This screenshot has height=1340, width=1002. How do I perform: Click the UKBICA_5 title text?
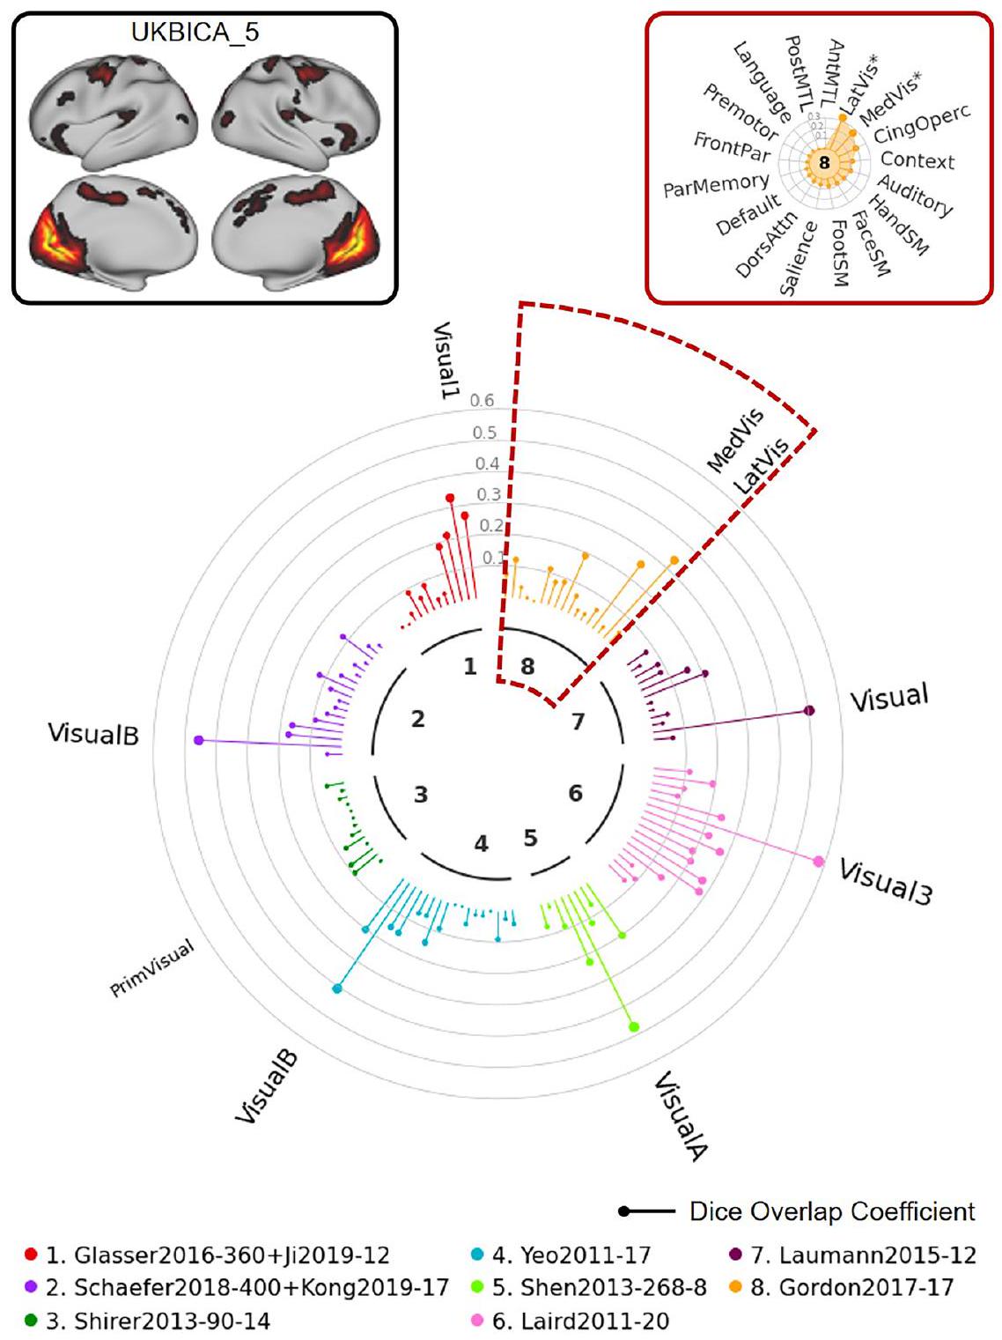(x=195, y=33)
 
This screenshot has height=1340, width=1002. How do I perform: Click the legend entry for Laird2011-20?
(x=580, y=1321)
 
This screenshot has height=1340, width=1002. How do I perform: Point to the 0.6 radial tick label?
(x=482, y=401)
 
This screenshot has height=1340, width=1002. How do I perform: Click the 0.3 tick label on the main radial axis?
(x=489, y=494)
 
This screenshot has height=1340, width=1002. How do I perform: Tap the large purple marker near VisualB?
(x=198, y=741)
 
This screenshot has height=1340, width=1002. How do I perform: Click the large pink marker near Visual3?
(x=819, y=861)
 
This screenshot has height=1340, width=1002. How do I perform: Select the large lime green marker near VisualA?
(x=634, y=1026)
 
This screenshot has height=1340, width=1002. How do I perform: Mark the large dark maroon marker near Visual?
(x=809, y=710)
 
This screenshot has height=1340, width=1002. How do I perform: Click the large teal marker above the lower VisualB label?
(x=337, y=988)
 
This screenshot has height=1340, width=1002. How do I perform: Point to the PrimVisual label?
(x=151, y=969)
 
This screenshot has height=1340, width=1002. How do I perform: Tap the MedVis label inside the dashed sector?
(x=735, y=439)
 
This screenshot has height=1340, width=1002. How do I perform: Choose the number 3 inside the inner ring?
(x=421, y=794)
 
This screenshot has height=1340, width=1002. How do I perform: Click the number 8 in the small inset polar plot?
(x=824, y=162)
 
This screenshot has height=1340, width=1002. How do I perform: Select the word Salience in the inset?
(x=799, y=258)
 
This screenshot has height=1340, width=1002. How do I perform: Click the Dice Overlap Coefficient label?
(x=831, y=1211)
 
